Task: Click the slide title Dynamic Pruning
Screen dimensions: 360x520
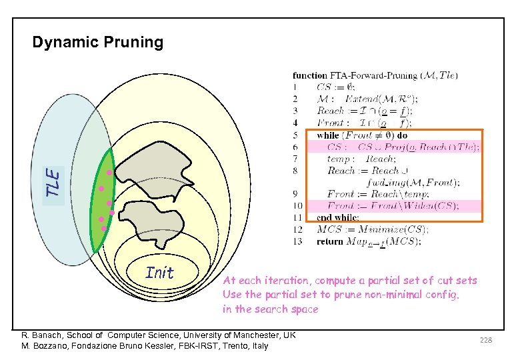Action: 97,43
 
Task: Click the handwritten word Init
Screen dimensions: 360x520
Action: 159,273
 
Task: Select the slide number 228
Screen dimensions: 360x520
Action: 485,340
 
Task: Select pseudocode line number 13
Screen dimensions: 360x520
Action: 297,241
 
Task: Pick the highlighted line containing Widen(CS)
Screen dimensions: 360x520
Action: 393,205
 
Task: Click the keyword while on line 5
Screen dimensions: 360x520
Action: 328,135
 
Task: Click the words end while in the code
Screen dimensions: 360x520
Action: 338,217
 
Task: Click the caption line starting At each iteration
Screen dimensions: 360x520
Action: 349,281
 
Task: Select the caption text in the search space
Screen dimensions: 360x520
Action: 271,309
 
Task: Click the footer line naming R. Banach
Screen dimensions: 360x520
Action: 158,335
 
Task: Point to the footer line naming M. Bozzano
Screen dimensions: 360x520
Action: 145,345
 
